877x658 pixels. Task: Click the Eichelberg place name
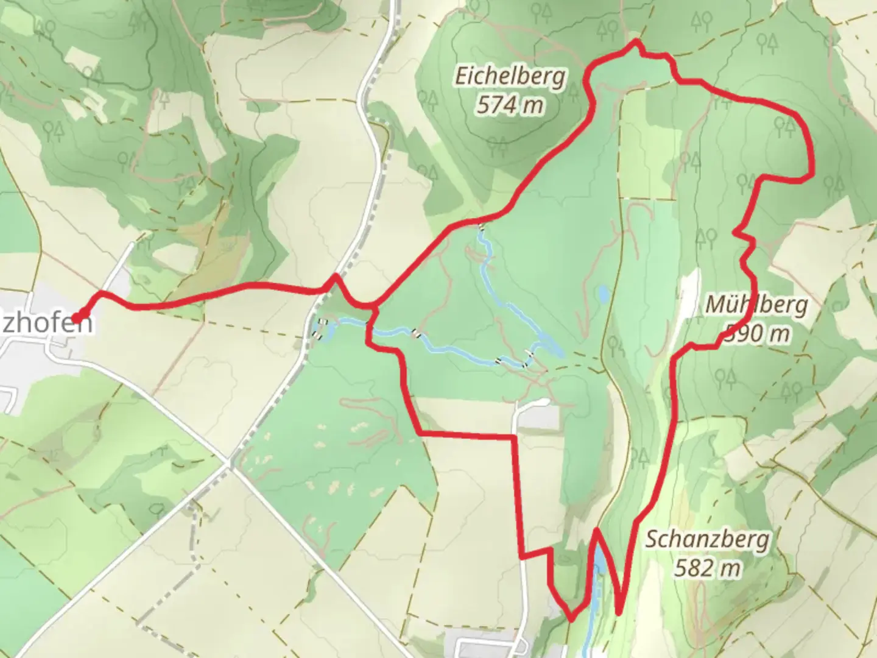click(x=510, y=77)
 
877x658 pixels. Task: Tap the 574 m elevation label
click(x=510, y=105)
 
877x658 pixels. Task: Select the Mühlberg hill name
click(x=756, y=305)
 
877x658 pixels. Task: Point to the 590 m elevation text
click(x=758, y=333)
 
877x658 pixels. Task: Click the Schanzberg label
click(x=707, y=540)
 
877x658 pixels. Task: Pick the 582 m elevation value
click(x=707, y=568)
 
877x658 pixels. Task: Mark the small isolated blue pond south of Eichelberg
click(x=603, y=295)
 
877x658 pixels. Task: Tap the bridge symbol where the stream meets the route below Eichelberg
click(x=482, y=228)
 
